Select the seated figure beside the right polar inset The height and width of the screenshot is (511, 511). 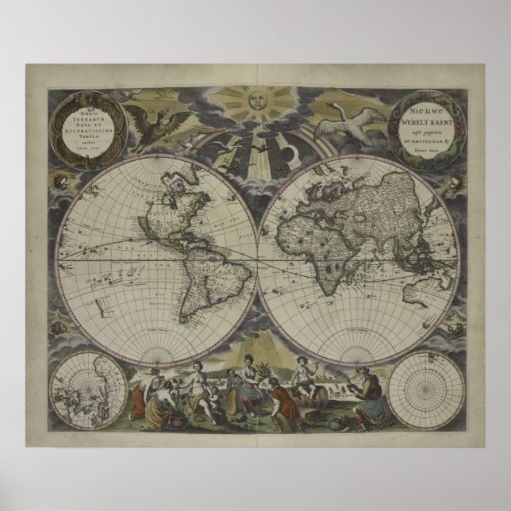coord(370,394)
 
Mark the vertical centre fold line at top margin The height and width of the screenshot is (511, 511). coord(255,68)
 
